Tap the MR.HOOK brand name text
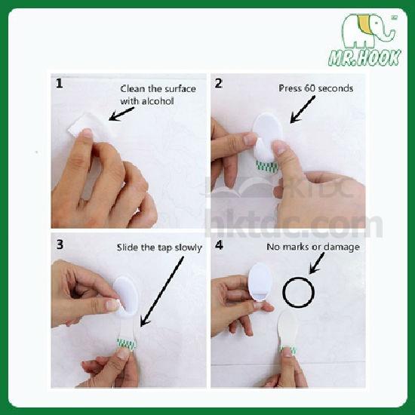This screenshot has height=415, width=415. [364, 57]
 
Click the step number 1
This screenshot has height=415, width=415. [60, 84]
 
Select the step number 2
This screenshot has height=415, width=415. [218, 83]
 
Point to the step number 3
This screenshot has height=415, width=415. [60, 244]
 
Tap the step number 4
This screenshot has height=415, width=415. [219, 245]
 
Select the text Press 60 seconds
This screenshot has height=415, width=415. [315, 88]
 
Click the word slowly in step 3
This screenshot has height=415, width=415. [189, 247]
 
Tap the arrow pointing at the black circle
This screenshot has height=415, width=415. [317, 263]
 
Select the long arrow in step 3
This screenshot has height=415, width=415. [161, 291]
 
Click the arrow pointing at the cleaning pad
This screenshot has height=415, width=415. [121, 114]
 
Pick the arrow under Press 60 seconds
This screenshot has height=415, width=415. [303, 109]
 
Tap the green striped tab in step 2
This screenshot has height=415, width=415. [267, 167]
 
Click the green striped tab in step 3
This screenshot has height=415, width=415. [126, 344]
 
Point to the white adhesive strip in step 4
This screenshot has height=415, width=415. [287, 330]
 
